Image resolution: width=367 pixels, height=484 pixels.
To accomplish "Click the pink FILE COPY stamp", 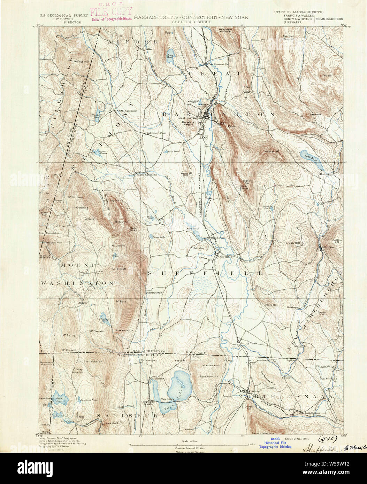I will pos(111,12).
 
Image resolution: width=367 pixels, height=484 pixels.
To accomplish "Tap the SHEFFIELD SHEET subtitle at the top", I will pos(190,22).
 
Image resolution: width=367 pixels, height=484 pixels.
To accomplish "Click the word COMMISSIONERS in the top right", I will pos(329,19).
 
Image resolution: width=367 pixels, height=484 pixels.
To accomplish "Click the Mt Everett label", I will pos(119,269).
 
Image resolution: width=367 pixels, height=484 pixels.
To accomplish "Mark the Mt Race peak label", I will pos(121,301).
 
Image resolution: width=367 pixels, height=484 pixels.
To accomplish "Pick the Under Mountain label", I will pos(154,293).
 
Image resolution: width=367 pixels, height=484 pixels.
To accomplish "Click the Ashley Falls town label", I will pos(249,343).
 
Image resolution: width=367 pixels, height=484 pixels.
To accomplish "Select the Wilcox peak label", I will pos(327,75).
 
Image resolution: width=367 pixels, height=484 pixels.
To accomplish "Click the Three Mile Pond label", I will pos(267,208).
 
